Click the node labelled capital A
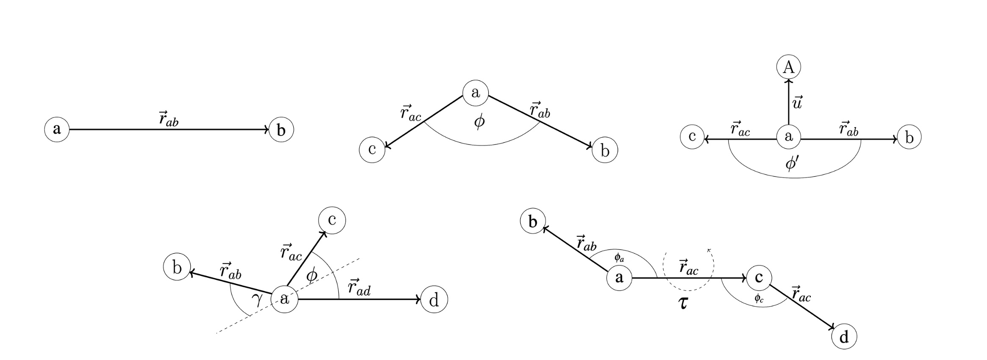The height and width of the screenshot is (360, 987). tap(789, 67)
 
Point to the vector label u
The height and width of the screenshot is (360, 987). tap(797, 102)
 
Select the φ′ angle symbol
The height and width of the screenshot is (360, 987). tap(792, 163)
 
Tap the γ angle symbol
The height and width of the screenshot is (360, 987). tap(257, 300)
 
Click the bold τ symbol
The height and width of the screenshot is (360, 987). tap(684, 303)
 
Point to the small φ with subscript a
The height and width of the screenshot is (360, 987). tap(619, 257)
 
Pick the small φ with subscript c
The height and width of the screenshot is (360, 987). tap(759, 299)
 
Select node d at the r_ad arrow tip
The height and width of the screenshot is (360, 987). tap(434, 300)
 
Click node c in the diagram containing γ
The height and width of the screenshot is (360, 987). tap(332, 220)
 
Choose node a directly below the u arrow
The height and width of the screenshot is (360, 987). tap(789, 137)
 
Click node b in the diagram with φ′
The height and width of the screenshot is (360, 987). tap(909, 137)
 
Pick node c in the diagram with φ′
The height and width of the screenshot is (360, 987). tap(692, 137)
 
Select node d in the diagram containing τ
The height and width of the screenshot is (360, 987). tap(844, 337)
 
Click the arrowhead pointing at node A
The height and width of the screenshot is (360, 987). tap(789, 82)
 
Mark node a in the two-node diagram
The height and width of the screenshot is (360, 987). tap(57, 129)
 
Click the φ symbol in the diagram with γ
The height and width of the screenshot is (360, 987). tap(311, 276)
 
